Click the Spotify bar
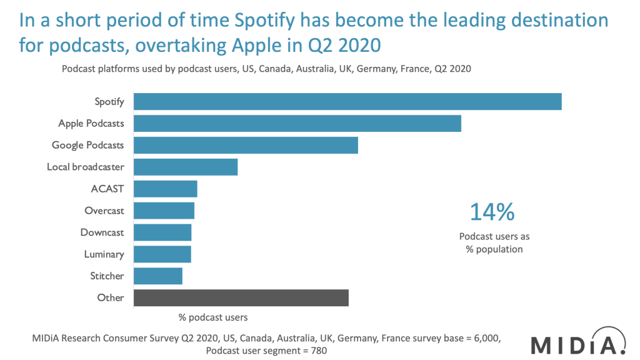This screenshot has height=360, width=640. pyautogui.click(x=347, y=101)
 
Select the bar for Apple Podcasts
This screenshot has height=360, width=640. pyautogui.click(x=297, y=123)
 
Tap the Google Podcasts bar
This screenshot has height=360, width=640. pyautogui.click(x=246, y=145)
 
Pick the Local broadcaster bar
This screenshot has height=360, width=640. pyautogui.click(x=186, y=167)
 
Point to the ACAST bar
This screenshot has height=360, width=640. pyautogui.click(x=166, y=189)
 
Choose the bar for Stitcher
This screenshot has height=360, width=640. pyautogui.click(x=158, y=276)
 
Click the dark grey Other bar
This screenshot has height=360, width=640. pyautogui.click(x=241, y=297)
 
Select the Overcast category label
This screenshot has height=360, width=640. pyautogui.click(x=104, y=211)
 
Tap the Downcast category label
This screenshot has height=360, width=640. pyautogui.click(x=102, y=232)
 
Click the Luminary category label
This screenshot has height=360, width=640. pyautogui.click(x=104, y=254)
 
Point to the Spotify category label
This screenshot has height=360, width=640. pyautogui.click(x=109, y=101)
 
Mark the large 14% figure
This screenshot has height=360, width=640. pyautogui.click(x=492, y=212)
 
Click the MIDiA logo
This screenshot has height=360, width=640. pyautogui.click(x=578, y=344)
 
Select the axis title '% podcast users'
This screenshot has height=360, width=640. pyautogui.click(x=213, y=317)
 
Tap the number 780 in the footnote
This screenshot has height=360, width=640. pyautogui.click(x=317, y=351)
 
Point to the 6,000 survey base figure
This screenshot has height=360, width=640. pyautogui.click(x=484, y=337)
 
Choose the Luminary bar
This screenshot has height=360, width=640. pyautogui.click(x=162, y=254)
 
